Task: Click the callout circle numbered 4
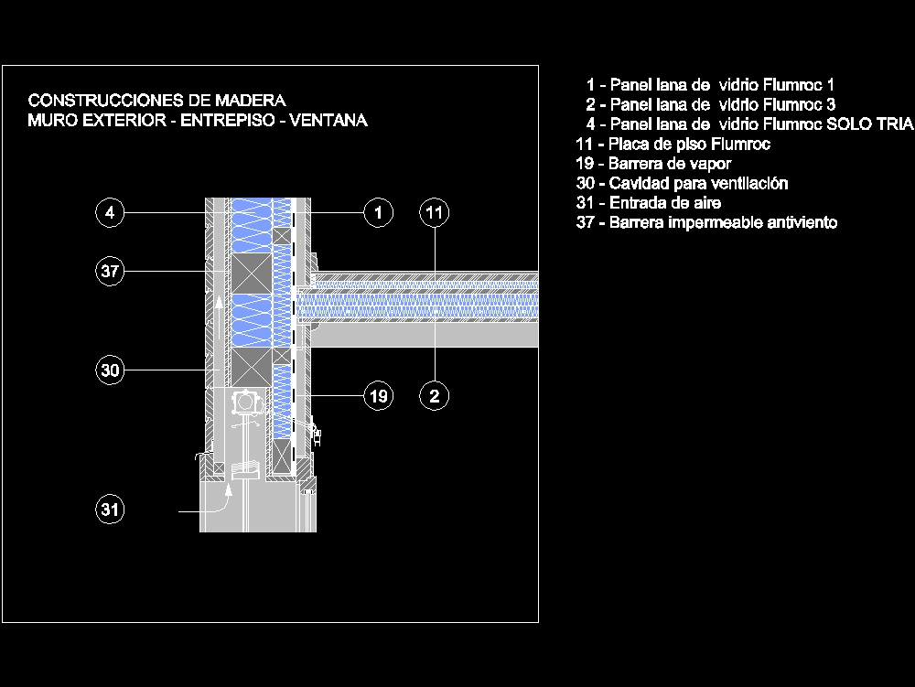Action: click(110, 213)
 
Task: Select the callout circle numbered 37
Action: click(110, 271)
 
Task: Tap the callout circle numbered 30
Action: click(110, 370)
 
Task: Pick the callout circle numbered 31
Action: click(110, 510)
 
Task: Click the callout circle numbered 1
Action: click(378, 213)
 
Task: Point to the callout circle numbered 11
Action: click(435, 213)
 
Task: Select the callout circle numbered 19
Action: click(378, 396)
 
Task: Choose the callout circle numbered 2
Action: click(435, 396)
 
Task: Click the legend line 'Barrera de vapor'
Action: click(653, 164)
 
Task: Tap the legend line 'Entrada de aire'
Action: click(648, 203)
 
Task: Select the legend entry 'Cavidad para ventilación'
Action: click(682, 183)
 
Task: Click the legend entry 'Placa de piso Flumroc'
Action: click(673, 144)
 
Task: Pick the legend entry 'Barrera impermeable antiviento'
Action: click(706, 222)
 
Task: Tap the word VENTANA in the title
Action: click(328, 121)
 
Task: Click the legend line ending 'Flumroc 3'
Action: click(710, 104)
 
